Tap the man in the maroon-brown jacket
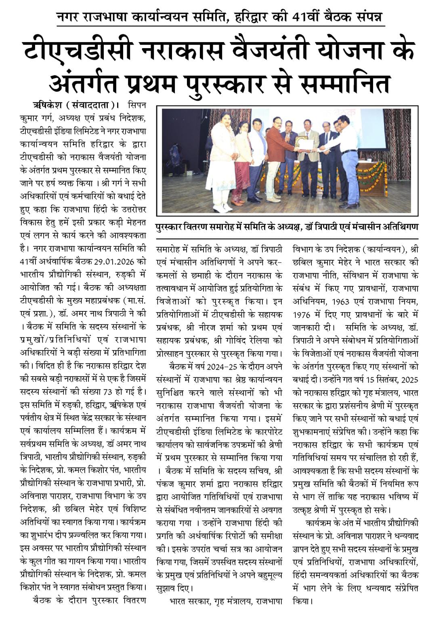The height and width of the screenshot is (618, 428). [x=273, y=158]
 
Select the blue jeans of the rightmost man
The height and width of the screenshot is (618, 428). [x=348, y=178]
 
